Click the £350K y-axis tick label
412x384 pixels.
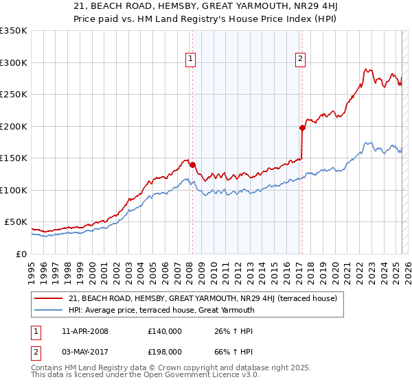click(13, 31)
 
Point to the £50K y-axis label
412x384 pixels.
click(16, 222)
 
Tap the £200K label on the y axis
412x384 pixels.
click(13, 126)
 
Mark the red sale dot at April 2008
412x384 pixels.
click(192, 165)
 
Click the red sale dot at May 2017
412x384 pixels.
click(302, 128)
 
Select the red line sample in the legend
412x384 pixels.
click(49, 299)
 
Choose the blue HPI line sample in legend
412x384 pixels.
click(49, 310)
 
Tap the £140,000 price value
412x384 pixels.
click(165, 331)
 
